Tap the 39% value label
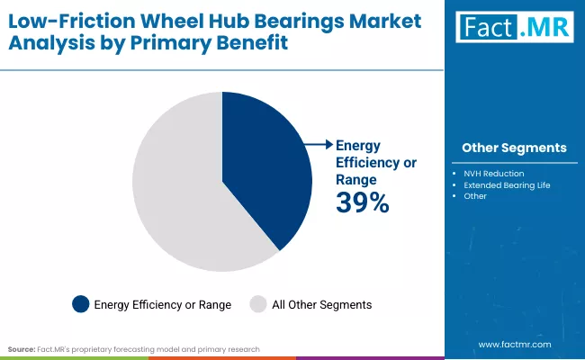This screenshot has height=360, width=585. click(x=362, y=203)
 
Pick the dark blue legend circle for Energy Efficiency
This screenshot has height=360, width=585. click(x=81, y=305)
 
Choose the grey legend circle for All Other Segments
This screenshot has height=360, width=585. click(x=257, y=305)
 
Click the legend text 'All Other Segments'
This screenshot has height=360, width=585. click(x=321, y=305)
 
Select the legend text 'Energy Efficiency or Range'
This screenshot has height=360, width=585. click(x=163, y=305)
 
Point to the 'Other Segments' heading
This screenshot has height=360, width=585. click(x=514, y=148)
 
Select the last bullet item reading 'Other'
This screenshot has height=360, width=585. click(x=476, y=196)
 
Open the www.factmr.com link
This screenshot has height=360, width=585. click(x=515, y=344)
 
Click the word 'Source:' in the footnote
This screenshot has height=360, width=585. click(x=22, y=347)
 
